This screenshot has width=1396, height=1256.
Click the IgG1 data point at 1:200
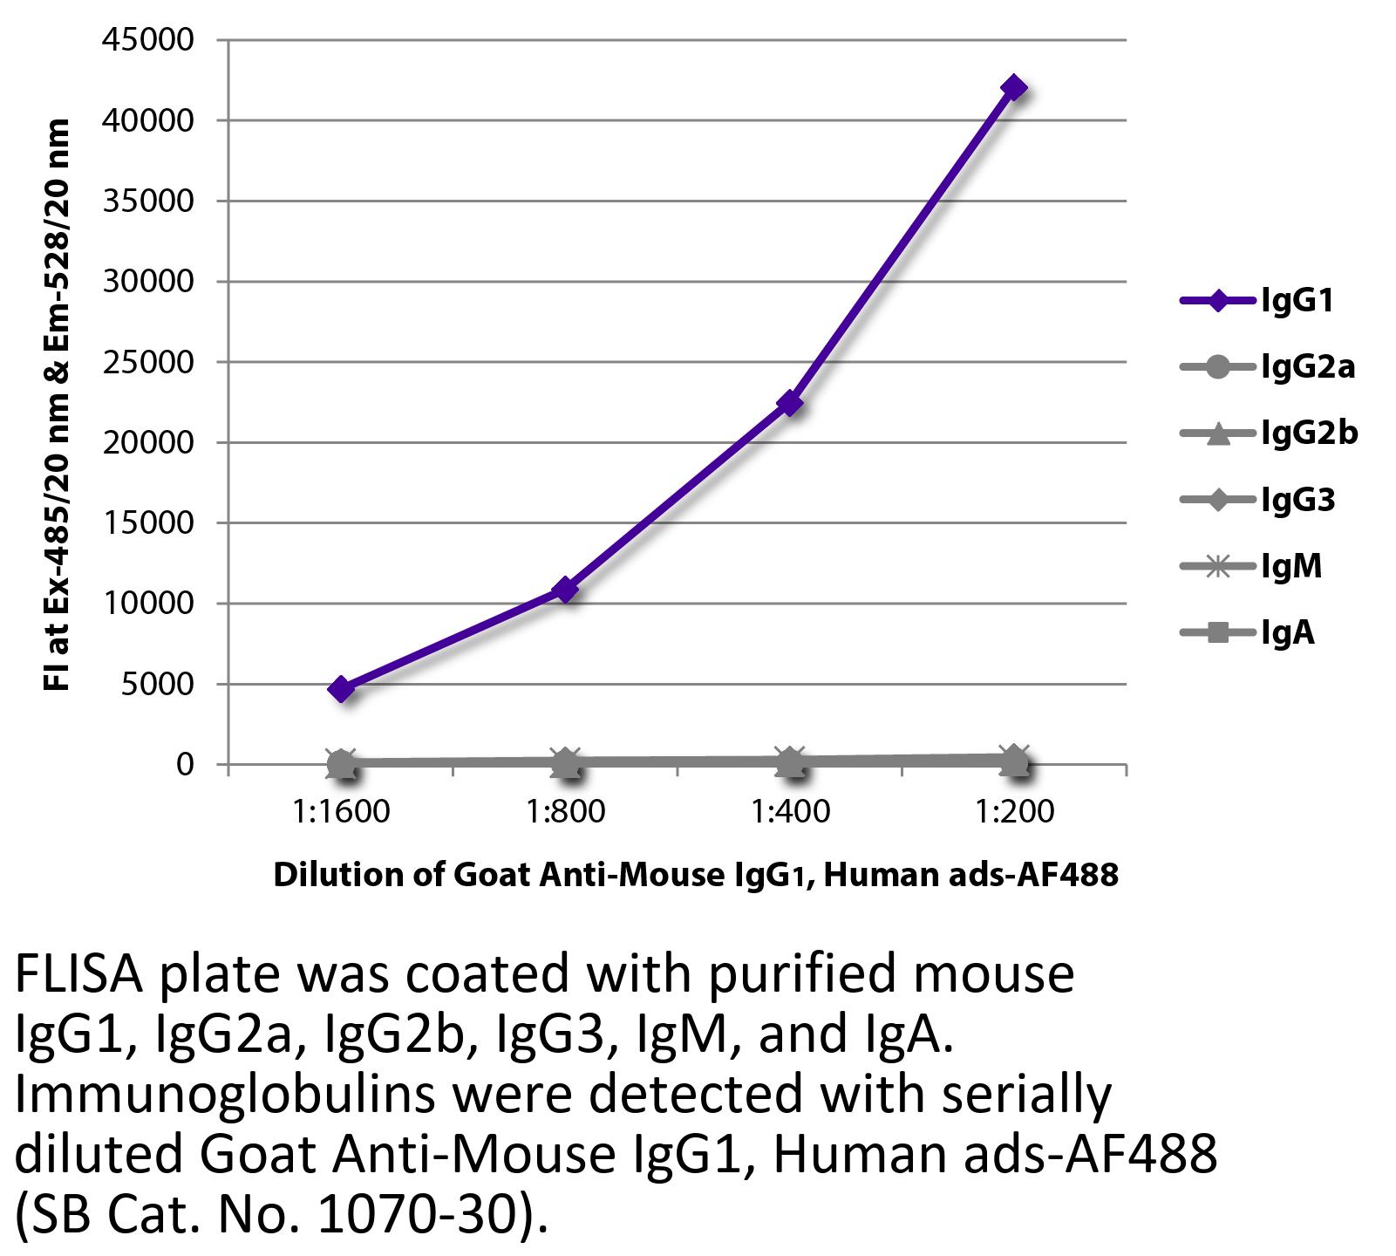tap(1013, 88)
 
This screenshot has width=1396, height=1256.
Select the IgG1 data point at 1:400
tap(790, 403)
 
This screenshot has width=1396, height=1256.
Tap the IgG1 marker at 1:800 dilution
tap(566, 590)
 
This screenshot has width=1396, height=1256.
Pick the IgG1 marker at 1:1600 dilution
tap(341, 689)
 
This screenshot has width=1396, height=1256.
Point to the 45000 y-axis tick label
tap(148, 40)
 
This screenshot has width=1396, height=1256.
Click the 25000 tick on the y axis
tap(148, 362)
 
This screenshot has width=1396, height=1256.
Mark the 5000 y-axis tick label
tap(157, 684)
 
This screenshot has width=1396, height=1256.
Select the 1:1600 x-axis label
tap(342, 812)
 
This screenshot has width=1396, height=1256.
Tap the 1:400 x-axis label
tap(790, 812)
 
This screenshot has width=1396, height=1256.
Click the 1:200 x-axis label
tap(1014, 812)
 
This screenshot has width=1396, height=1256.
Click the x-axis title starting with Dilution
tap(695, 874)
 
